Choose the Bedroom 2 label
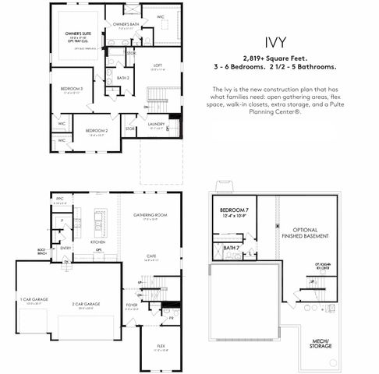point(96,130)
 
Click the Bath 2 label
point(122,78)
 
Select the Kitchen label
point(98,242)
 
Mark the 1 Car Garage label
point(31,301)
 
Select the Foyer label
point(132,305)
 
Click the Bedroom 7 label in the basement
point(233,211)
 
